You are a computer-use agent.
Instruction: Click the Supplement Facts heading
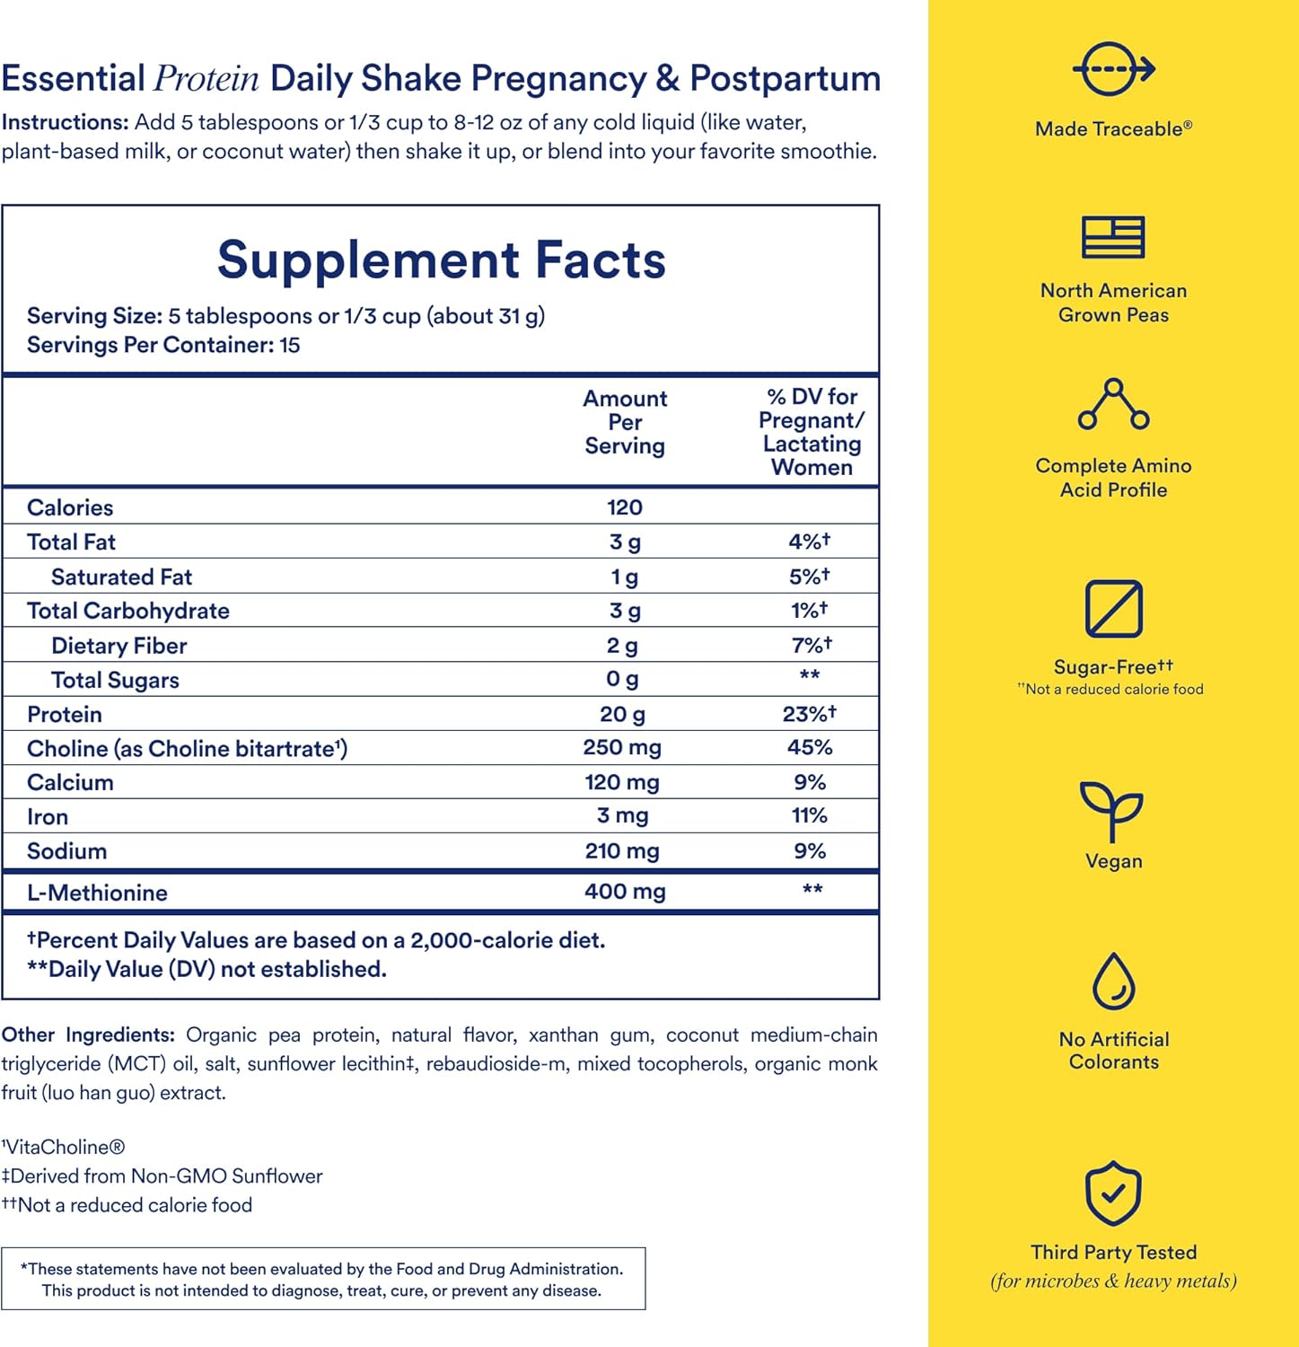point(441,260)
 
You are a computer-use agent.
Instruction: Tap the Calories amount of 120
point(624,507)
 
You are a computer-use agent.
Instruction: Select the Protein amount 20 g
point(622,715)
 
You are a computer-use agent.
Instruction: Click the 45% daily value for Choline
point(809,747)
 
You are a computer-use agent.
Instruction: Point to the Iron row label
point(48,817)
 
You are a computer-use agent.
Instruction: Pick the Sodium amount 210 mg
point(621,851)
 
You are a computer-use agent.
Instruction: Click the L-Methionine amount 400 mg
point(625,892)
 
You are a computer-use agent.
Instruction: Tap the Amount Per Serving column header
point(625,422)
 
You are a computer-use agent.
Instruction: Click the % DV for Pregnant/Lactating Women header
point(811,432)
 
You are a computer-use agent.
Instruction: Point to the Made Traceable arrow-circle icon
point(1113,69)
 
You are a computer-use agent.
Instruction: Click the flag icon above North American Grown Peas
point(1113,238)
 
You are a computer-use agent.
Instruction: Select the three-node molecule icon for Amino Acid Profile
point(1113,404)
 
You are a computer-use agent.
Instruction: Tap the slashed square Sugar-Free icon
point(1113,609)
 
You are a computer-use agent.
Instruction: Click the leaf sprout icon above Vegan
point(1112,810)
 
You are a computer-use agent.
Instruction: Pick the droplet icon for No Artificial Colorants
point(1113,982)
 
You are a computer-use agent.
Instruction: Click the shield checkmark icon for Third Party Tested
point(1113,1194)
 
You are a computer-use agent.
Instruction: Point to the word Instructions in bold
point(65,122)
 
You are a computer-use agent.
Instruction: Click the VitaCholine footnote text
point(64,1147)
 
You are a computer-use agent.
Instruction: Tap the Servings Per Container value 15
point(289,345)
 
